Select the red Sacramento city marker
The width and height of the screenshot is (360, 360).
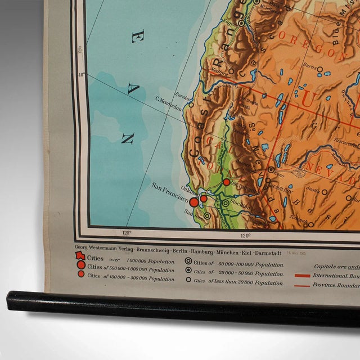226,182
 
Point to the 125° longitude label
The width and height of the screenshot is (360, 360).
126,232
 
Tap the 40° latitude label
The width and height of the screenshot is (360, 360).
83,75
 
